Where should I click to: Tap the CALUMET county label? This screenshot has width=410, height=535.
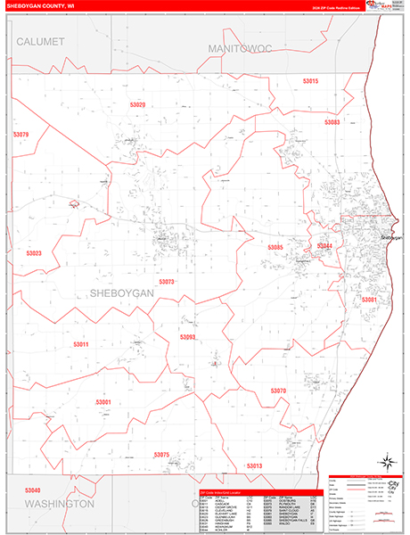(40, 42)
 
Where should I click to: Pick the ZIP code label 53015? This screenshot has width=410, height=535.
(310, 81)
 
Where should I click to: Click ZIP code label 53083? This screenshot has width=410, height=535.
(332, 121)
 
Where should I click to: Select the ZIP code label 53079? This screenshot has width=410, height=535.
(21, 135)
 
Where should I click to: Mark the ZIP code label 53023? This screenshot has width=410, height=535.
(34, 253)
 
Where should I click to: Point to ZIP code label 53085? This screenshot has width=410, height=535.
(275, 246)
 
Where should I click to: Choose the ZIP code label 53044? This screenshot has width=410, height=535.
(324, 245)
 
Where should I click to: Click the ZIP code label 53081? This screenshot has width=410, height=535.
(369, 300)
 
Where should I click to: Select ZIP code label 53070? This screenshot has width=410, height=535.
(278, 391)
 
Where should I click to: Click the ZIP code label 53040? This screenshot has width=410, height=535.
(33, 490)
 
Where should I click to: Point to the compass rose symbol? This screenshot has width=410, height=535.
(388, 462)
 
